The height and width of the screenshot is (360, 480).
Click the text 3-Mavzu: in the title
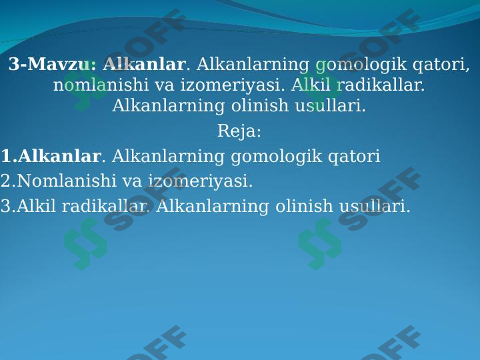[53, 65]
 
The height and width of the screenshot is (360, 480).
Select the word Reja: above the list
[239, 132]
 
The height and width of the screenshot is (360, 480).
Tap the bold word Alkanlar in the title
[144, 65]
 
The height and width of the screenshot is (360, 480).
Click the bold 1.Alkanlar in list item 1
[51, 157]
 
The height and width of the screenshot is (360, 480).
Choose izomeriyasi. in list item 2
[201, 181]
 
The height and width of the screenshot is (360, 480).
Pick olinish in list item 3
[303, 207]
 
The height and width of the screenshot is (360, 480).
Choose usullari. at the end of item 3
[375, 207]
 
